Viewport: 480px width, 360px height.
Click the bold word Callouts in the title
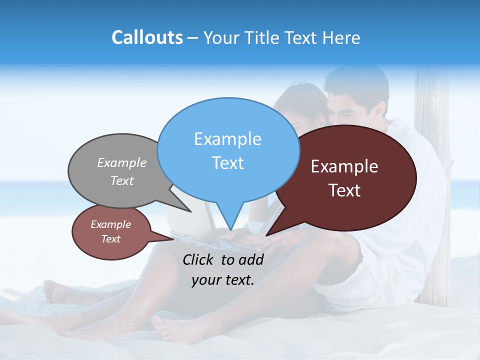click(147, 37)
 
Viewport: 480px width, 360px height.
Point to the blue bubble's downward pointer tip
click(230, 229)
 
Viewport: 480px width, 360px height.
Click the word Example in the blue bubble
click(227, 139)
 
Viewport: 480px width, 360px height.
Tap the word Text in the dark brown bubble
click(344, 190)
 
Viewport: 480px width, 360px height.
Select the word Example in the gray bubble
click(121, 162)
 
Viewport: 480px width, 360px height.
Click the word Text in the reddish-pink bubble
click(110, 239)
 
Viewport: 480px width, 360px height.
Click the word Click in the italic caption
click(198, 259)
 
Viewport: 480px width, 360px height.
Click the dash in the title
click(193, 38)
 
